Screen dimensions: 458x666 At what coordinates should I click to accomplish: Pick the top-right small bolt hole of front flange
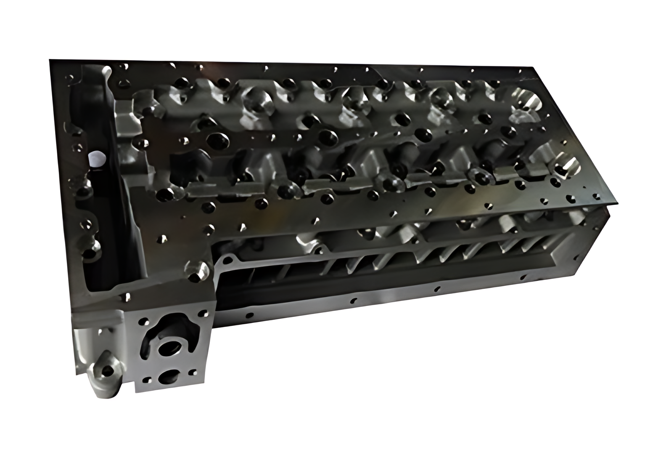204,313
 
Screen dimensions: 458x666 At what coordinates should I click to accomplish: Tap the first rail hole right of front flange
249,314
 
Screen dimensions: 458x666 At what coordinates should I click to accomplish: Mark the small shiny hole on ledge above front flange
127,298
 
